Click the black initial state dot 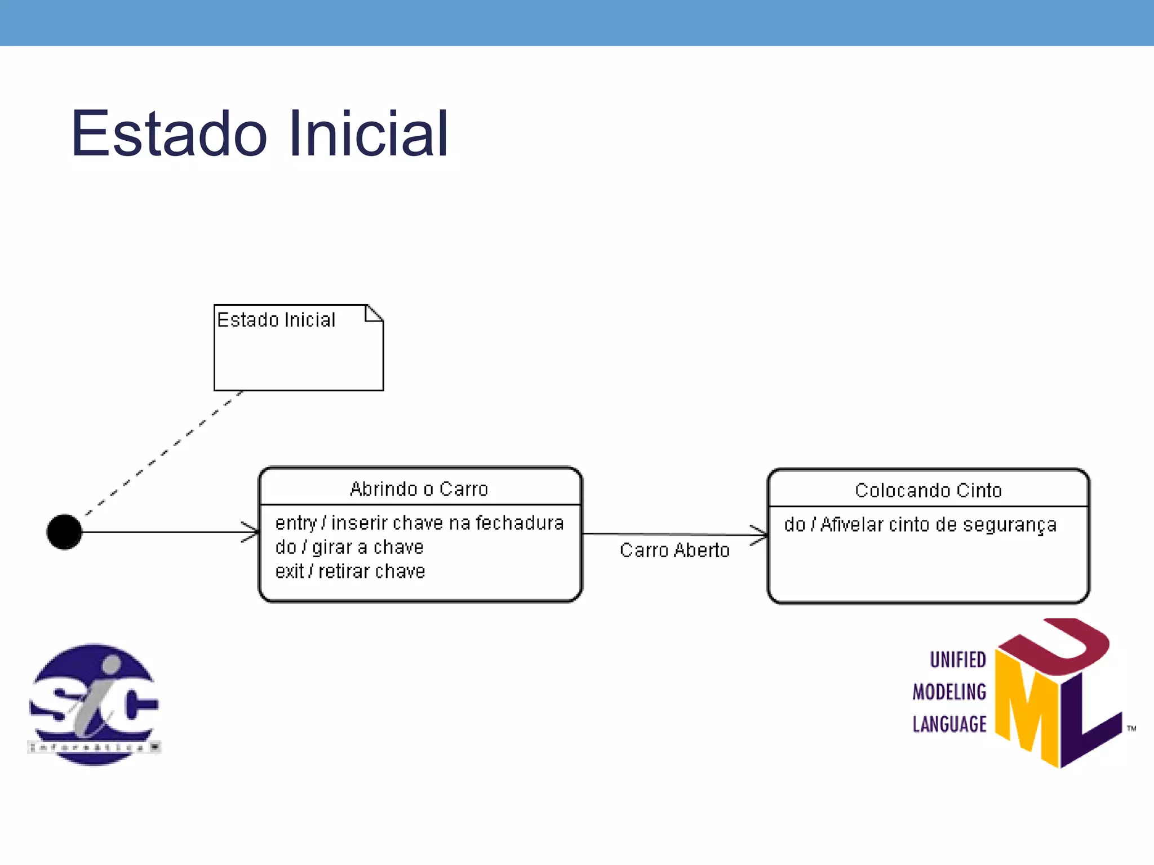click(x=64, y=532)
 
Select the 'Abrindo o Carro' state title click(x=419, y=489)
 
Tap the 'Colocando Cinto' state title click(x=928, y=491)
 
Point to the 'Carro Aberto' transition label click(x=674, y=550)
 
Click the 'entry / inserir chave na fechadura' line click(x=419, y=523)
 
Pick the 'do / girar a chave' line click(x=349, y=547)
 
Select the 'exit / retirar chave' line click(x=350, y=572)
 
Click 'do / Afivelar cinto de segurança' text click(x=920, y=525)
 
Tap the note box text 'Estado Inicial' click(x=276, y=320)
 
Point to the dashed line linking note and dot click(x=163, y=452)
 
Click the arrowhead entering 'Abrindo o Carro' click(x=252, y=532)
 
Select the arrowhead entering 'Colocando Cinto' click(x=760, y=534)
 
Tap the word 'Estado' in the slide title click(x=169, y=134)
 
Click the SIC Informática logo click(x=94, y=704)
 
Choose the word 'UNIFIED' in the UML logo click(x=957, y=659)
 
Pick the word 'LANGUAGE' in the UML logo click(x=949, y=724)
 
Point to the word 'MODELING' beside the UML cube click(x=949, y=692)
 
